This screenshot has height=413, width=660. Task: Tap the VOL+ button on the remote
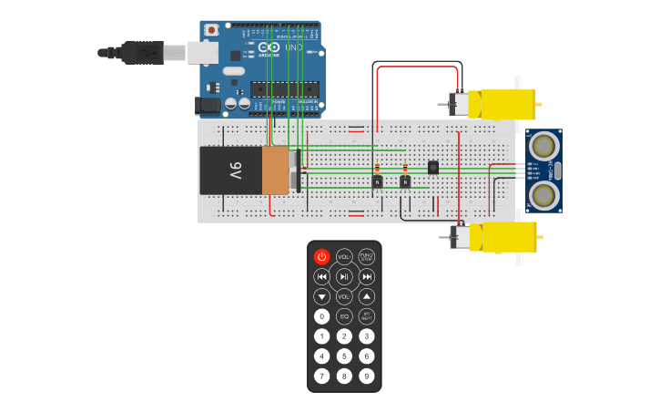[x=344, y=257]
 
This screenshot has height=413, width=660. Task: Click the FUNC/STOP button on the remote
[x=366, y=257]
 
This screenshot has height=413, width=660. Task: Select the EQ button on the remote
[x=344, y=316]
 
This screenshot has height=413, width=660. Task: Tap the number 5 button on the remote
[x=344, y=356]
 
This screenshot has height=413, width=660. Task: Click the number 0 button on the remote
[x=321, y=316]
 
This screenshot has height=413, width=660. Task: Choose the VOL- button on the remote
[x=344, y=296]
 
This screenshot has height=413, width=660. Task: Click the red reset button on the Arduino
[x=212, y=30]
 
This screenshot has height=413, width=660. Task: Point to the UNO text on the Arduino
[x=293, y=47]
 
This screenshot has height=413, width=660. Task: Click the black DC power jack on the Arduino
[x=208, y=105]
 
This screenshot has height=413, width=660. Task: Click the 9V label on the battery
[x=234, y=170]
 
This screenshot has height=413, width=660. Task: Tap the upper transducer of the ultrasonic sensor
[x=543, y=145]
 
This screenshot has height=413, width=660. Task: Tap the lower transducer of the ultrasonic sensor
[x=543, y=193]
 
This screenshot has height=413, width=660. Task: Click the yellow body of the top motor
[x=508, y=104]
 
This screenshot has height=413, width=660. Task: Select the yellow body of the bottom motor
[x=508, y=237]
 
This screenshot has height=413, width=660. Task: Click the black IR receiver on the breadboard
[x=432, y=167]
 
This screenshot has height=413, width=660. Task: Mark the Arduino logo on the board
[x=269, y=47]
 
